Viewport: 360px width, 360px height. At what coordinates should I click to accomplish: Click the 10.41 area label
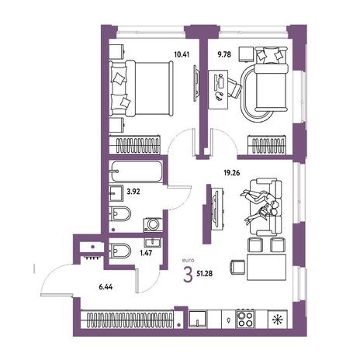182,54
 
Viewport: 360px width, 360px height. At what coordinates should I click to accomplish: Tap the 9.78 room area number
224,54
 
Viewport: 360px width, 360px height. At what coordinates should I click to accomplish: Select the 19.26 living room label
232,173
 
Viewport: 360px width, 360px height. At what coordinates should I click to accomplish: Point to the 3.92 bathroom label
133,192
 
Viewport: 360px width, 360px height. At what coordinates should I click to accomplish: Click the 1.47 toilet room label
146,253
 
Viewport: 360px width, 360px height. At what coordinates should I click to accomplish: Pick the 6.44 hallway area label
106,286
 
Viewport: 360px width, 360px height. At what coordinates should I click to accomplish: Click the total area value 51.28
205,273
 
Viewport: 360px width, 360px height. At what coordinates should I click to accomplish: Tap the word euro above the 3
188,261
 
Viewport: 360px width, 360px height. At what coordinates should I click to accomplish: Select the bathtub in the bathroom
137,171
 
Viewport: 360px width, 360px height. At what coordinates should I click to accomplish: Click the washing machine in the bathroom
154,224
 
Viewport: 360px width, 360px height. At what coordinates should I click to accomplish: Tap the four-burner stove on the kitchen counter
245,320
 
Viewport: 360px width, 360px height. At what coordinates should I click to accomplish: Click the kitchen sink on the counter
198,319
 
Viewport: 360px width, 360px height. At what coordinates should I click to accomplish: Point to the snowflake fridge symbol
277,320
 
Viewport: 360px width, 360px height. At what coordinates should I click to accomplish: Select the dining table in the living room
266,267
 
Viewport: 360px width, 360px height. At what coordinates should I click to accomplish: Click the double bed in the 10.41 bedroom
141,88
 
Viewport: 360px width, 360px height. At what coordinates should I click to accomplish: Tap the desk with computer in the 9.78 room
218,89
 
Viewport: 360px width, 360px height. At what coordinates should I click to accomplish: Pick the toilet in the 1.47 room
119,251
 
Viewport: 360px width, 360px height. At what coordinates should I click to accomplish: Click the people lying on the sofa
260,206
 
